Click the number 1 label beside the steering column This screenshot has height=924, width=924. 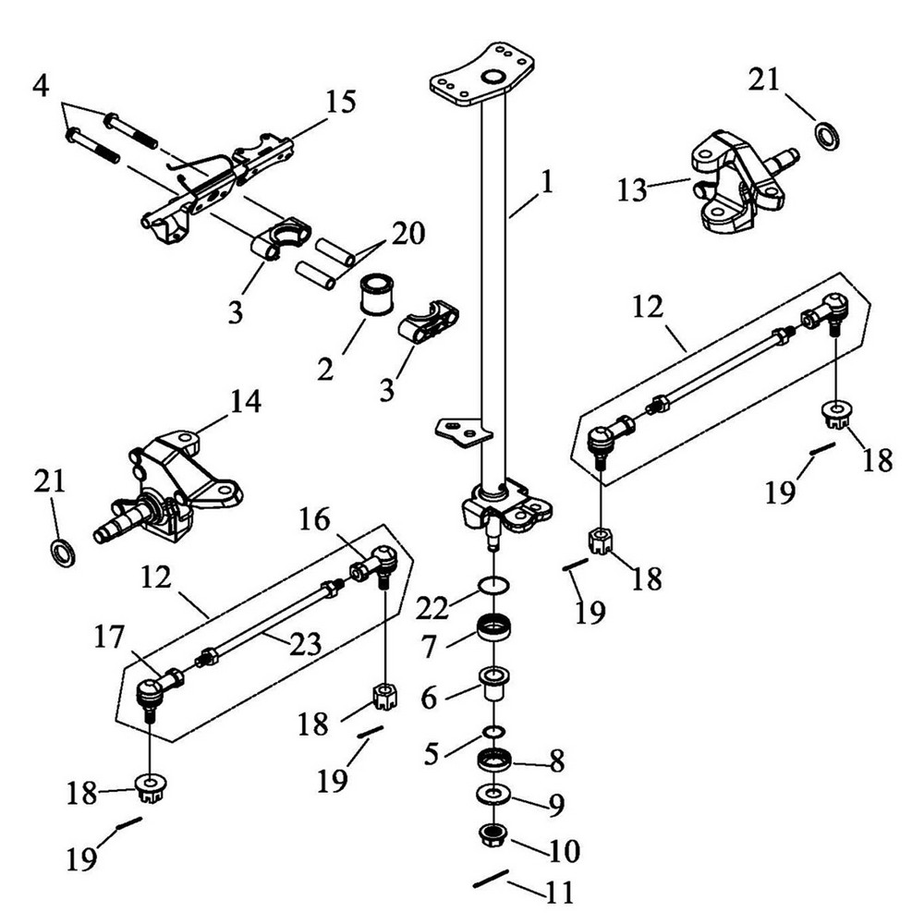[546, 182]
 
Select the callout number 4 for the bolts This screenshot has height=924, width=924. [40, 88]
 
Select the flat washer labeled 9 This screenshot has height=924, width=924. [494, 795]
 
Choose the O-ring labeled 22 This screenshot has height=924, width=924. [495, 585]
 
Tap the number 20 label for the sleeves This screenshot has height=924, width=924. [407, 233]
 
